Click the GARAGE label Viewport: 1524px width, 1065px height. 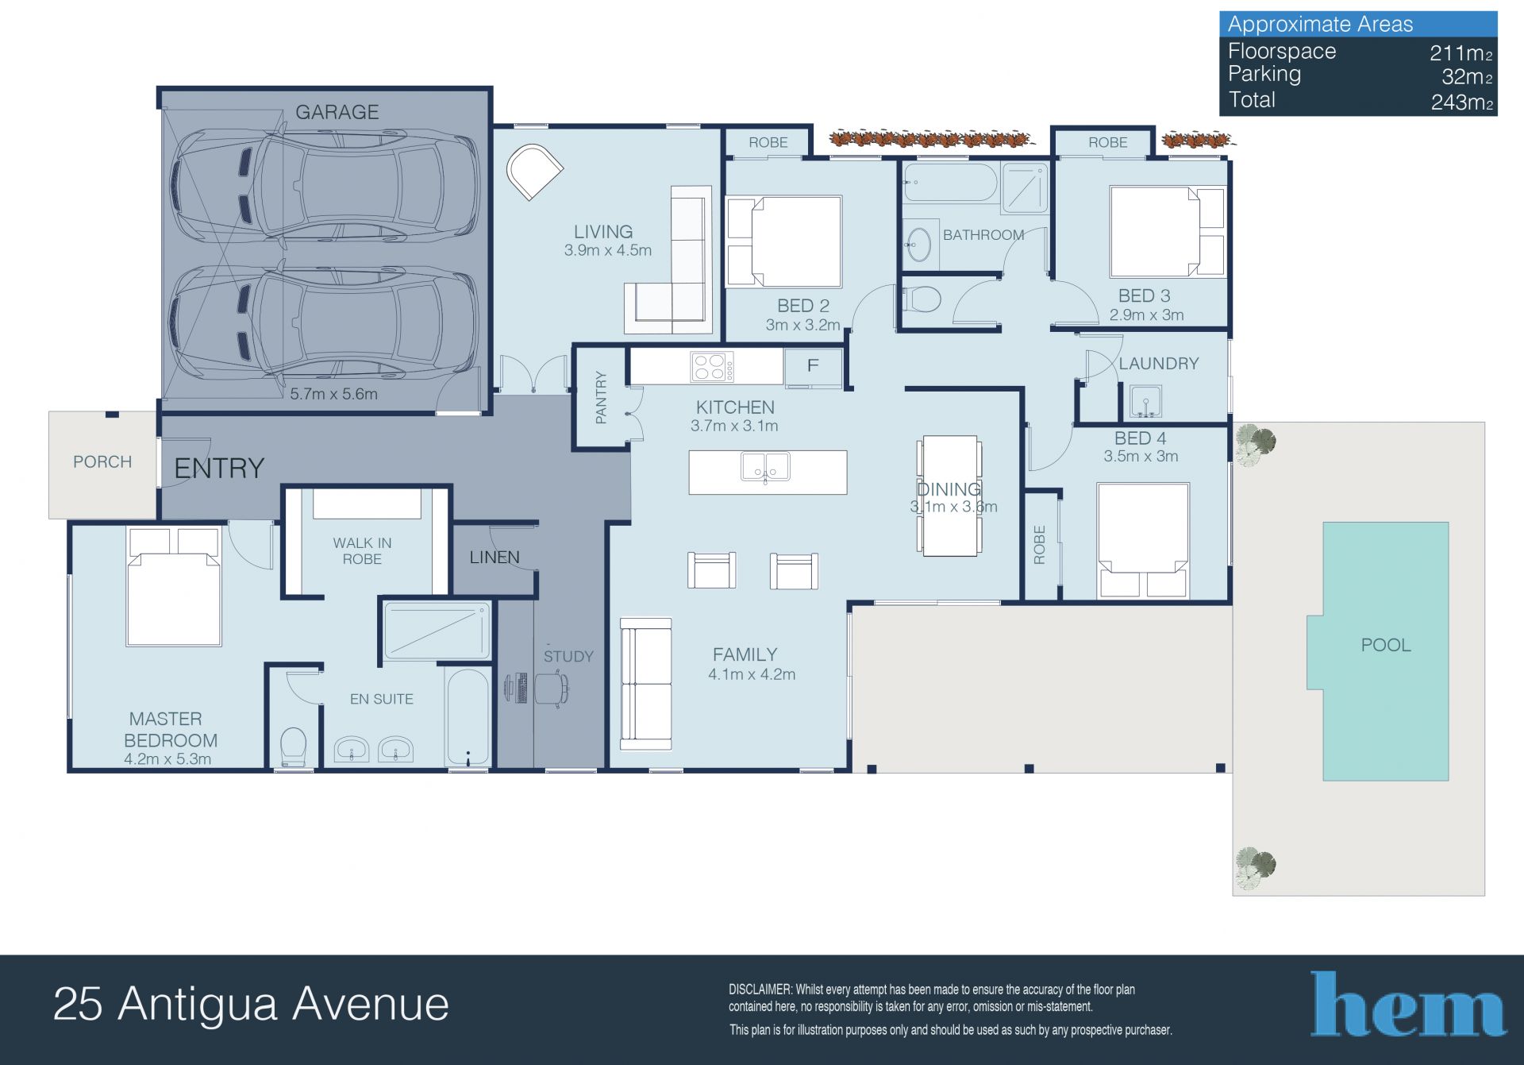337,112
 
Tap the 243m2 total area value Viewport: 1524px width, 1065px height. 1462,102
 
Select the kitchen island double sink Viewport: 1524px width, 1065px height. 765,467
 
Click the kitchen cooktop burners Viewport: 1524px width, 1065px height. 712,367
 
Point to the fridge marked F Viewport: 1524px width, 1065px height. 813,367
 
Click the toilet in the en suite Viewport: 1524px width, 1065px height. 294,747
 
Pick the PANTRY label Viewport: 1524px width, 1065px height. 601,397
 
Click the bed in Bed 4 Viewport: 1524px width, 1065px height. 1142,540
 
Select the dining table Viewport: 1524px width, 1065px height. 949,496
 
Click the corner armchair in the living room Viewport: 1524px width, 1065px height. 535,172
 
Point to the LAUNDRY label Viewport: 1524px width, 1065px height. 1158,364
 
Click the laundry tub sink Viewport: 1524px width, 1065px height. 1145,401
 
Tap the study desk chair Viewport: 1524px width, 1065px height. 552,688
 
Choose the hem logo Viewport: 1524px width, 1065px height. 1408,1004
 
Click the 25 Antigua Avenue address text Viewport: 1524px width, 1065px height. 251,1004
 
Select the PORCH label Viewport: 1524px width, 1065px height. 102,462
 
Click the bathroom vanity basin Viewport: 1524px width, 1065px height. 919,244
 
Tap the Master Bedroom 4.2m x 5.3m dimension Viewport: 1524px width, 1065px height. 167,759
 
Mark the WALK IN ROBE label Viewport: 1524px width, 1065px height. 362,551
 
